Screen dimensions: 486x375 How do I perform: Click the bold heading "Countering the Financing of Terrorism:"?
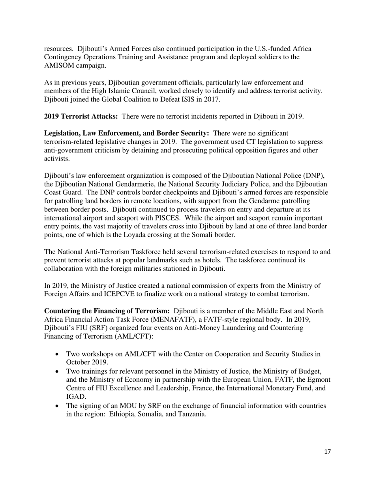(x=107, y=311)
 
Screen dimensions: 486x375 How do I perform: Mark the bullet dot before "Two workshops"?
(x=58, y=354)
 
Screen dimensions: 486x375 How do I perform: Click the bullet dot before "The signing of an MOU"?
(x=58, y=406)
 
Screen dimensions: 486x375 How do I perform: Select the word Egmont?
(x=317, y=380)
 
